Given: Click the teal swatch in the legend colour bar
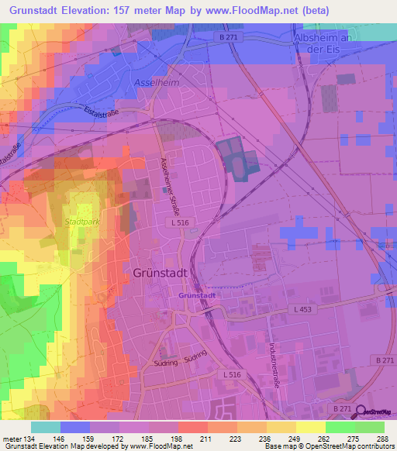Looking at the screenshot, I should point(45,427).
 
